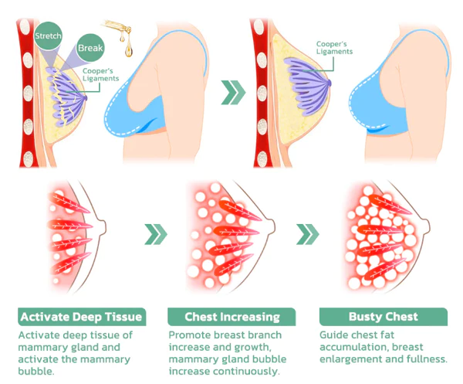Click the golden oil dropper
(x=120, y=31)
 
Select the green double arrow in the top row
(x=234, y=93)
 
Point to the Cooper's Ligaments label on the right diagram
(x=336, y=48)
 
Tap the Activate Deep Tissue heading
(x=81, y=317)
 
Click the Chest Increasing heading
(x=231, y=317)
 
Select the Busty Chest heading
(x=383, y=317)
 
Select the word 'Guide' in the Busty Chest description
(x=333, y=335)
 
